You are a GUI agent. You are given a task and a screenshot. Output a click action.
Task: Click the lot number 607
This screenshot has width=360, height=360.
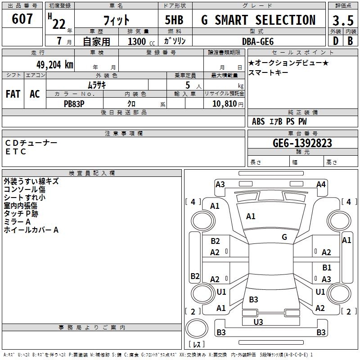point(22,18)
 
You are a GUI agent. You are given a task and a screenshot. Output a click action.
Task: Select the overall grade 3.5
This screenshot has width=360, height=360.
point(343,20)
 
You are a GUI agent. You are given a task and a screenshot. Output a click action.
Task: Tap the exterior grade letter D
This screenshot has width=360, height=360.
point(336,41)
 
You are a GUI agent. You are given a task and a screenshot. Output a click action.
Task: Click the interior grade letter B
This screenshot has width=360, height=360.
point(350,41)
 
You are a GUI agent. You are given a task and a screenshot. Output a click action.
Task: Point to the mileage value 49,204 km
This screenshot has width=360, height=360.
point(54,65)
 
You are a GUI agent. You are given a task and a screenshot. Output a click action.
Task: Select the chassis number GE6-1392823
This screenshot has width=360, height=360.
point(302,143)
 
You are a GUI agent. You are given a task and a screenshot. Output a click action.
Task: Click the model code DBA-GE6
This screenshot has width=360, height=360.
point(258,41)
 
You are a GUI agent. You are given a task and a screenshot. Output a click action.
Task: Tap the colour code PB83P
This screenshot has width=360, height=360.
point(74,104)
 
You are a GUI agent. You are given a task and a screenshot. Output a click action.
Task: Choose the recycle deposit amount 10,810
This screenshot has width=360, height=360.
point(225,104)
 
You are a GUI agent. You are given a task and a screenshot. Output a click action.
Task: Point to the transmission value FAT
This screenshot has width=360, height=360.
point(13,94)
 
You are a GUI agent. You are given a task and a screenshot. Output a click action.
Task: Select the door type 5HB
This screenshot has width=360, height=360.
point(174,20)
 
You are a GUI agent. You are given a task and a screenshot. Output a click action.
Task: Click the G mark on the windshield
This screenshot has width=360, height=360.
point(284,237)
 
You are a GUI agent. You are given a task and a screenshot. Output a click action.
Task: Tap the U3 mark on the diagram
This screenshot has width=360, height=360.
point(258,322)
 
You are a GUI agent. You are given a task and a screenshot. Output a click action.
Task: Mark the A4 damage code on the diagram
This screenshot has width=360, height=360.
point(321,184)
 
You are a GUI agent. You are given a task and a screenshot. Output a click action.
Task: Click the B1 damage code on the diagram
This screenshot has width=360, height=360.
point(327,267)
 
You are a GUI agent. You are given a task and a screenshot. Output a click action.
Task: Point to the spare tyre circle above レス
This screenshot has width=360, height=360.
point(197,328)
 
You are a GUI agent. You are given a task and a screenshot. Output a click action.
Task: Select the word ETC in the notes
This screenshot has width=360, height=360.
point(16,152)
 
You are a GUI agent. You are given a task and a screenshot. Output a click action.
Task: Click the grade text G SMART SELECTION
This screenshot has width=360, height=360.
point(258,20)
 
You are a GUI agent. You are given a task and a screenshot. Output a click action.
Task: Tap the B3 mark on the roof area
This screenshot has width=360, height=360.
point(253,299)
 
